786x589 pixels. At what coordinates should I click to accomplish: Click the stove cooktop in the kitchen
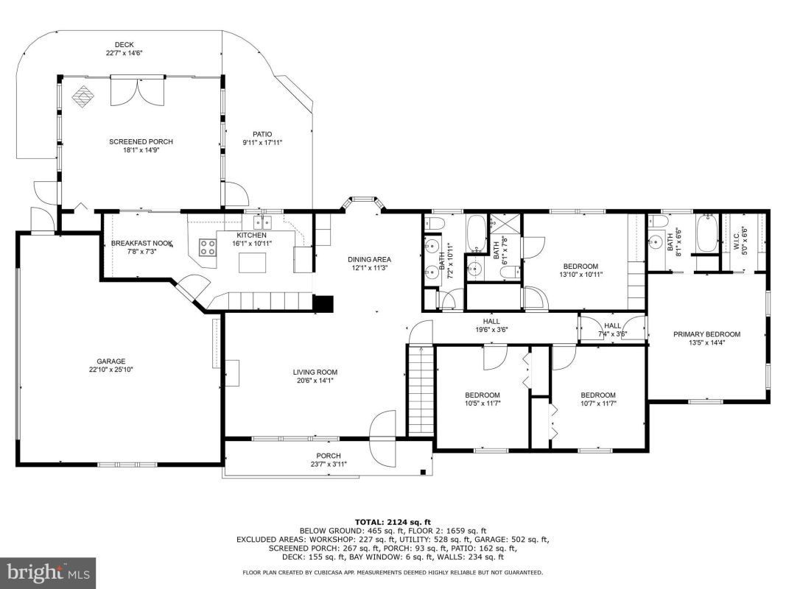point(208,247)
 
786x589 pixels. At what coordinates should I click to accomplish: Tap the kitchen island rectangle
point(252,263)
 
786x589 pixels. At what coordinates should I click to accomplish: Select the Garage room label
point(111,361)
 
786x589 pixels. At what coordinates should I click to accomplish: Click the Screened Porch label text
point(141,142)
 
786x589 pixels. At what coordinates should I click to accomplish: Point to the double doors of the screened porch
point(137,90)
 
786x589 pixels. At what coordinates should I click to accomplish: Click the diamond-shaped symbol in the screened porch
point(83,96)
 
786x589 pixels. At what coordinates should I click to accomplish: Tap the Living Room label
point(315,372)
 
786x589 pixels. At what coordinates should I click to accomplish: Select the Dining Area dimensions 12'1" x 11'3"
point(370,267)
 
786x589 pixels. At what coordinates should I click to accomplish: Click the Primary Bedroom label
point(706,334)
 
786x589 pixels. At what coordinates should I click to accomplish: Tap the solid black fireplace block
point(323,304)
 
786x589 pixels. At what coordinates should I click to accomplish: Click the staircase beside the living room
point(421,391)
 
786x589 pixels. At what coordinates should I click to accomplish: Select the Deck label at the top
point(124,45)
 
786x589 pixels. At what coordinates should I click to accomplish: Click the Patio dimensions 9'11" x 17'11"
point(262,142)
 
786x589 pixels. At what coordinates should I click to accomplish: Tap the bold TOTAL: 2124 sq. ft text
point(393,522)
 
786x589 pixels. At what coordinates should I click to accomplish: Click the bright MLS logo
point(48,571)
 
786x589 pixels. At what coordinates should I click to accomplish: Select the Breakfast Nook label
point(142,243)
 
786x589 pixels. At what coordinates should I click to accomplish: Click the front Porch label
point(329,456)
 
